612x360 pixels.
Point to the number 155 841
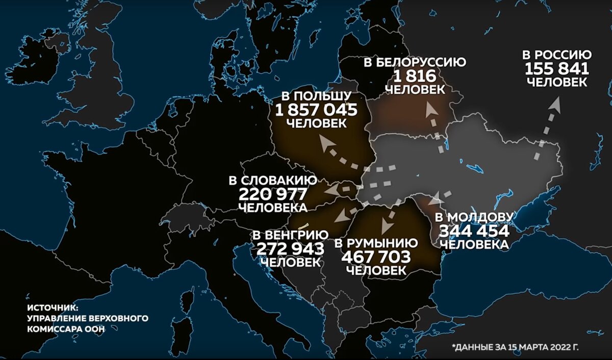click(x=557, y=68)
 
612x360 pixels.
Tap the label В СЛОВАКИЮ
click(x=272, y=181)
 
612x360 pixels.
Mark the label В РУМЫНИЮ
click(x=376, y=243)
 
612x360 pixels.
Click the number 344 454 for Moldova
click(x=474, y=231)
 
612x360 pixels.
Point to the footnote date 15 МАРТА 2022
click(x=535, y=347)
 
